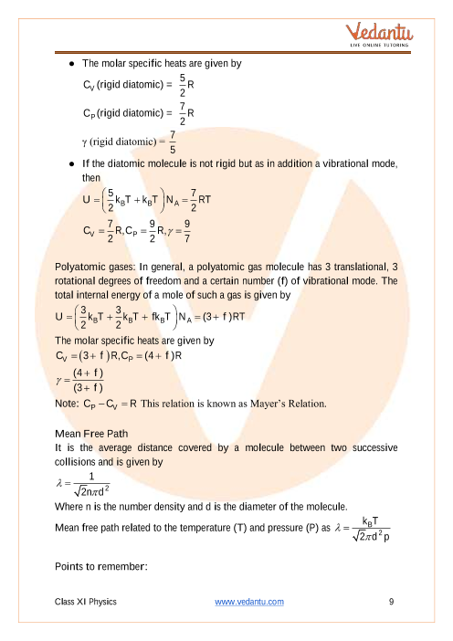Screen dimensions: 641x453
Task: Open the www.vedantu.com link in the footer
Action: pyautogui.click(x=248, y=601)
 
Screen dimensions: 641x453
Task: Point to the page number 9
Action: pyautogui.click(x=391, y=601)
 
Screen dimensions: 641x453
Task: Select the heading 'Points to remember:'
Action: pyautogui.click(x=101, y=567)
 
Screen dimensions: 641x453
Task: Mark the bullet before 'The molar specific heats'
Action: pyautogui.click(x=71, y=64)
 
